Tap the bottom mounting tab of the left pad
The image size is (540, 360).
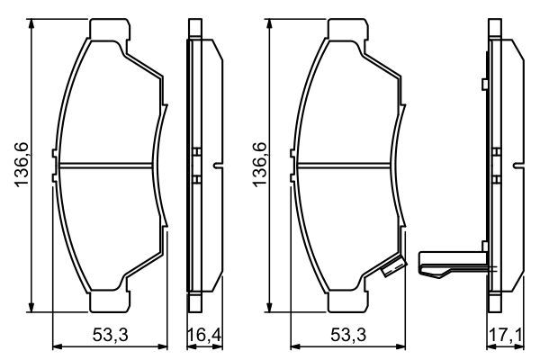(108, 301)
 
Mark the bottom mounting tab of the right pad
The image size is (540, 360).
(349, 301)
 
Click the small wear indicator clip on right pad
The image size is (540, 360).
(391, 267)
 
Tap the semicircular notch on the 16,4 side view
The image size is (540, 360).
(219, 166)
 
